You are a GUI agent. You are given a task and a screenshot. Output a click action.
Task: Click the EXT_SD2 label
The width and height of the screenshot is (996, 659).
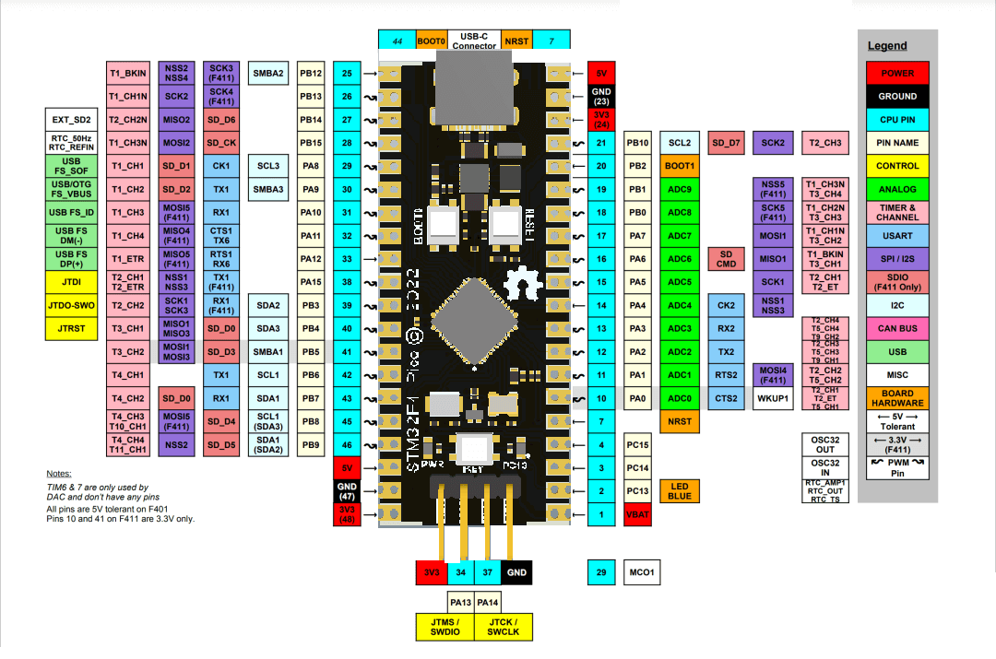[x=71, y=120]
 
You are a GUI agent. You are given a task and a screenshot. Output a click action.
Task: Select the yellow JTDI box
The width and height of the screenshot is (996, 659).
[x=71, y=282]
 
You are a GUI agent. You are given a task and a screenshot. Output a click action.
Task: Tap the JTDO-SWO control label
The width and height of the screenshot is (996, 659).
[x=71, y=305]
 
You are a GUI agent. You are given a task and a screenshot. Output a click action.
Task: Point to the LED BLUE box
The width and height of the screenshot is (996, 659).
[x=680, y=491]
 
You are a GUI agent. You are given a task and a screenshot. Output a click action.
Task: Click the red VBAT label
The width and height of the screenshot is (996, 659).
[x=638, y=514]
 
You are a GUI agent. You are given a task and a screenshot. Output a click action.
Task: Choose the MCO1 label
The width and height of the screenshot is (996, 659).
[x=642, y=572]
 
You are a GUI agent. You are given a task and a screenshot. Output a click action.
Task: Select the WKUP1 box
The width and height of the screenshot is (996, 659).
[x=773, y=398]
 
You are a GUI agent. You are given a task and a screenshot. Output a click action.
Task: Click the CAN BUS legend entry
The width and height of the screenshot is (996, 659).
[x=897, y=328]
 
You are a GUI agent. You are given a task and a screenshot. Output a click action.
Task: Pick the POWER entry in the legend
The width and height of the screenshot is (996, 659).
[x=897, y=73]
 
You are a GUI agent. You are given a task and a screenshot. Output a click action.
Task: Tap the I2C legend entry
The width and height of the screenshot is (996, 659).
[x=897, y=305]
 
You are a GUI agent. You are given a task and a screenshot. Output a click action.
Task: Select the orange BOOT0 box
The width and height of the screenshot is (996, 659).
[x=431, y=40]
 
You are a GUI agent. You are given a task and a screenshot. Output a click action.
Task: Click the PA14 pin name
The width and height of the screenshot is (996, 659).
[x=489, y=602]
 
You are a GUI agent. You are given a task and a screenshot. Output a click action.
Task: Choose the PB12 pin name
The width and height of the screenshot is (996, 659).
[x=311, y=73]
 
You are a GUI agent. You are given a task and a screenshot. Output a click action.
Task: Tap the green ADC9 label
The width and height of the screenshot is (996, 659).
[x=680, y=189]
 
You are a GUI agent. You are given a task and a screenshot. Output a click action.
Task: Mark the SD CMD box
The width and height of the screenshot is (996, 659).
[x=726, y=259]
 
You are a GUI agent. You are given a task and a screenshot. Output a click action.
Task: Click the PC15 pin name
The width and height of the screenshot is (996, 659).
[x=638, y=445]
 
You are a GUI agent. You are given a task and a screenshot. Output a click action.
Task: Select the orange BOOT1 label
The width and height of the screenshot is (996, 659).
[x=680, y=166]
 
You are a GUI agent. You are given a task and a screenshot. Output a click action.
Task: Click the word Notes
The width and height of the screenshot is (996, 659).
[x=58, y=472]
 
